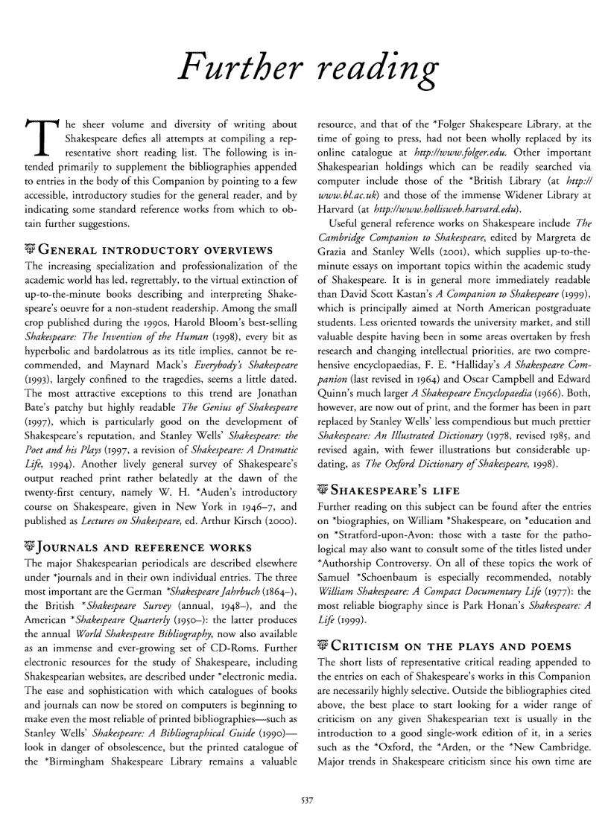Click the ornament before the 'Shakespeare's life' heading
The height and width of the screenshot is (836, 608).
[x=323, y=490]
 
